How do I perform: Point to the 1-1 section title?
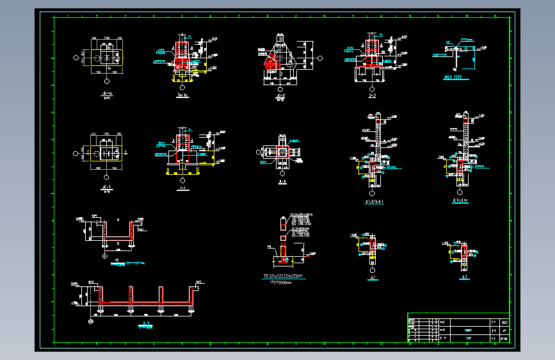pos(182,190)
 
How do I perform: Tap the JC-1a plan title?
pos(107,95)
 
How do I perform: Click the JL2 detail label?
pos(373,277)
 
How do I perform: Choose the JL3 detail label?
pos(464,277)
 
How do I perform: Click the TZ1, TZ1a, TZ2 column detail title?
pos(283,276)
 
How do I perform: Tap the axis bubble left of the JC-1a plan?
pos(77,58)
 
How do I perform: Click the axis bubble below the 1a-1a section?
pos(182,86)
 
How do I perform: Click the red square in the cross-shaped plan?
pos(282,152)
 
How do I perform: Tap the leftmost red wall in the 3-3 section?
pos(101,295)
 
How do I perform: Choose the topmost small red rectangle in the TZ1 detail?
pos(284,224)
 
